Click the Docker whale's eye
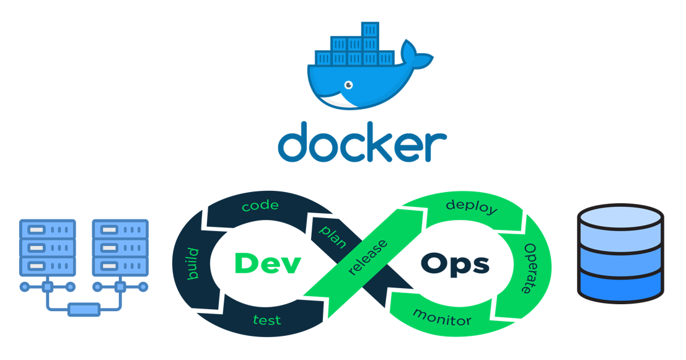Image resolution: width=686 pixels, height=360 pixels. pos(349,84)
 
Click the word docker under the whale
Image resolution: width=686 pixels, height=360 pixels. pos(363,142)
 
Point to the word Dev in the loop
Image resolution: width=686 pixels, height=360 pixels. pos(268,264)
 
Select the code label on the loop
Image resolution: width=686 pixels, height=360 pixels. pos(260,206)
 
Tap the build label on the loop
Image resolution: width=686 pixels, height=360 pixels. pos(193,264)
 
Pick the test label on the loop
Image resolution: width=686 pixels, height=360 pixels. pos(267,320)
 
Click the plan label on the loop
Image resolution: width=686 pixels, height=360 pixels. pos(333,237)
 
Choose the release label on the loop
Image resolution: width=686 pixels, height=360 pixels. pos(367,257)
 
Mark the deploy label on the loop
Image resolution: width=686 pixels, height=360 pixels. pos(472,206)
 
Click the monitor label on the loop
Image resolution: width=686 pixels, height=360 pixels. pos(442,318)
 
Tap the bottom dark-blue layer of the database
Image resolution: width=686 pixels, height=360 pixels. pos(620,286)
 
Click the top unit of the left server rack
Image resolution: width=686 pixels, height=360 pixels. pos(48,229)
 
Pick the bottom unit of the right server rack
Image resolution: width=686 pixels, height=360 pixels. pos(120,266)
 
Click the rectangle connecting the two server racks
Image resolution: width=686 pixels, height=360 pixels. pos(84,309)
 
